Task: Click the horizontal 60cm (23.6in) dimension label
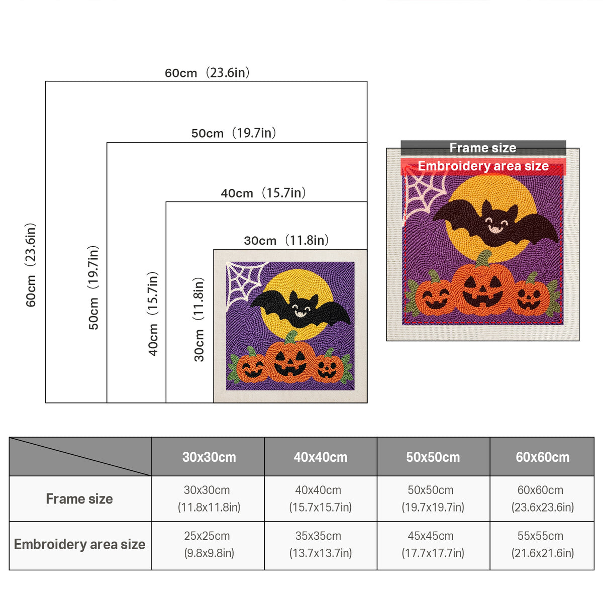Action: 207,73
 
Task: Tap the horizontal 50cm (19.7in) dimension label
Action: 234,133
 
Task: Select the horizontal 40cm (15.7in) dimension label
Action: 263,193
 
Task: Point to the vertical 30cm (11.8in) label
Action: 198,320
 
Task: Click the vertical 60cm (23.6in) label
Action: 31,265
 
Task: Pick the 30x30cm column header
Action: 209,457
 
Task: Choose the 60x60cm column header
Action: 542,457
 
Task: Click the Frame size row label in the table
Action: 79,499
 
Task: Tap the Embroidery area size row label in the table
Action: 80,545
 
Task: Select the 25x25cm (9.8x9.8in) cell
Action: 209,545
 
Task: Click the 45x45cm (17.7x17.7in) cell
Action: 433,545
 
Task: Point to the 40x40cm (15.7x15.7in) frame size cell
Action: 321,499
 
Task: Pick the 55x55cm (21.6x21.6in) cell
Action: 542,545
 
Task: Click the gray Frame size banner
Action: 483,148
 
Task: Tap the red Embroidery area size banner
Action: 483,166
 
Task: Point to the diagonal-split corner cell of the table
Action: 80,457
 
